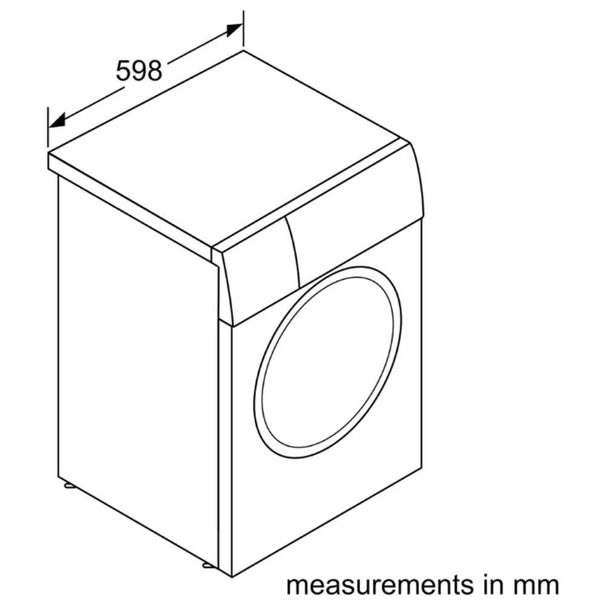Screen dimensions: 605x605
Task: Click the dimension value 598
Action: [139, 71]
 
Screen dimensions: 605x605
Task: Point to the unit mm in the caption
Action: [536, 585]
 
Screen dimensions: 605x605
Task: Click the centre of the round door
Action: [327, 362]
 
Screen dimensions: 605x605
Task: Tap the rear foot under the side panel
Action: [68, 485]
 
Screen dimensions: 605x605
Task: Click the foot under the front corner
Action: [208, 566]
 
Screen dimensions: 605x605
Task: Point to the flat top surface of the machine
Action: [230, 145]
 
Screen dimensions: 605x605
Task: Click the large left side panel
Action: [136, 363]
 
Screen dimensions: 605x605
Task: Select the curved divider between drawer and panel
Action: [293, 248]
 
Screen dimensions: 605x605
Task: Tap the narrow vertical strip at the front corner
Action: [224, 448]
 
